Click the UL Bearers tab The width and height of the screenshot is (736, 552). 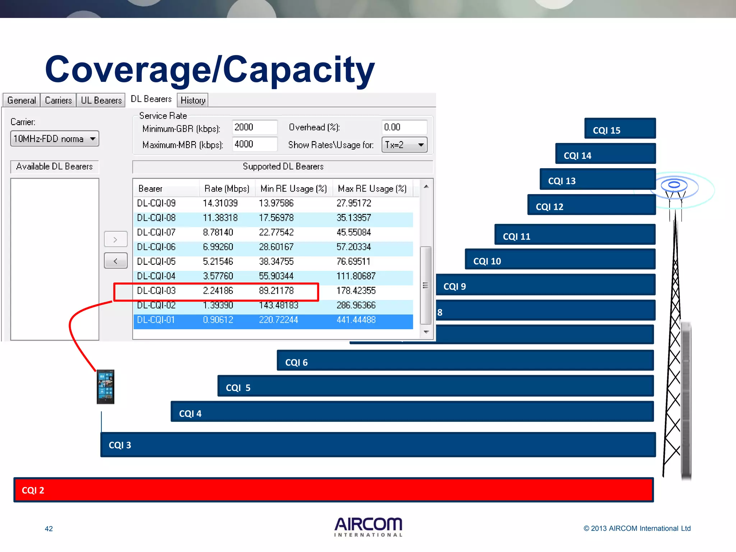[x=101, y=100]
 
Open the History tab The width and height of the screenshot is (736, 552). [x=193, y=100]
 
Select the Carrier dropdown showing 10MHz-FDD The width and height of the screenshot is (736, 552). [x=55, y=139]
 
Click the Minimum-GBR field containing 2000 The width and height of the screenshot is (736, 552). [x=254, y=127]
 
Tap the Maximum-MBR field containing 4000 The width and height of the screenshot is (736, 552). [x=254, y=144]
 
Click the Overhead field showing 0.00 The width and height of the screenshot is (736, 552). [x=404, y=127]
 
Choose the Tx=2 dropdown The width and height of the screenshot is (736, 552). [x=404, y=145]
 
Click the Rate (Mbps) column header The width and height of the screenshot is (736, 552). [x=227, y=189]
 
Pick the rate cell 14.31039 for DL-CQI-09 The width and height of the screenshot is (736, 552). [x=220, y=203]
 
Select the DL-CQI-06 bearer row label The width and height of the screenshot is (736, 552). [x=156, y=247]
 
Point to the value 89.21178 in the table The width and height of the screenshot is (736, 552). [x=276, y=290]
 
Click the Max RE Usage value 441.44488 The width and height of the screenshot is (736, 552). [x=356, y=319]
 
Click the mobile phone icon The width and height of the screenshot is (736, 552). [x=105, y=387]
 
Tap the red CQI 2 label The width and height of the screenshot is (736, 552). [x=33, y=490]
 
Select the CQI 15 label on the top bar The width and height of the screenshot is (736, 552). [x=606, y=130]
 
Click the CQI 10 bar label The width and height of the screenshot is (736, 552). [x=487, y=261]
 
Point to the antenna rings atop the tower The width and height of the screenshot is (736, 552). [x=675, y=185]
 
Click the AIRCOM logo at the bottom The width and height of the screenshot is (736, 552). [x=368, y=527]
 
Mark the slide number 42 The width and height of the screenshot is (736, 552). [x=49, y=529]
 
